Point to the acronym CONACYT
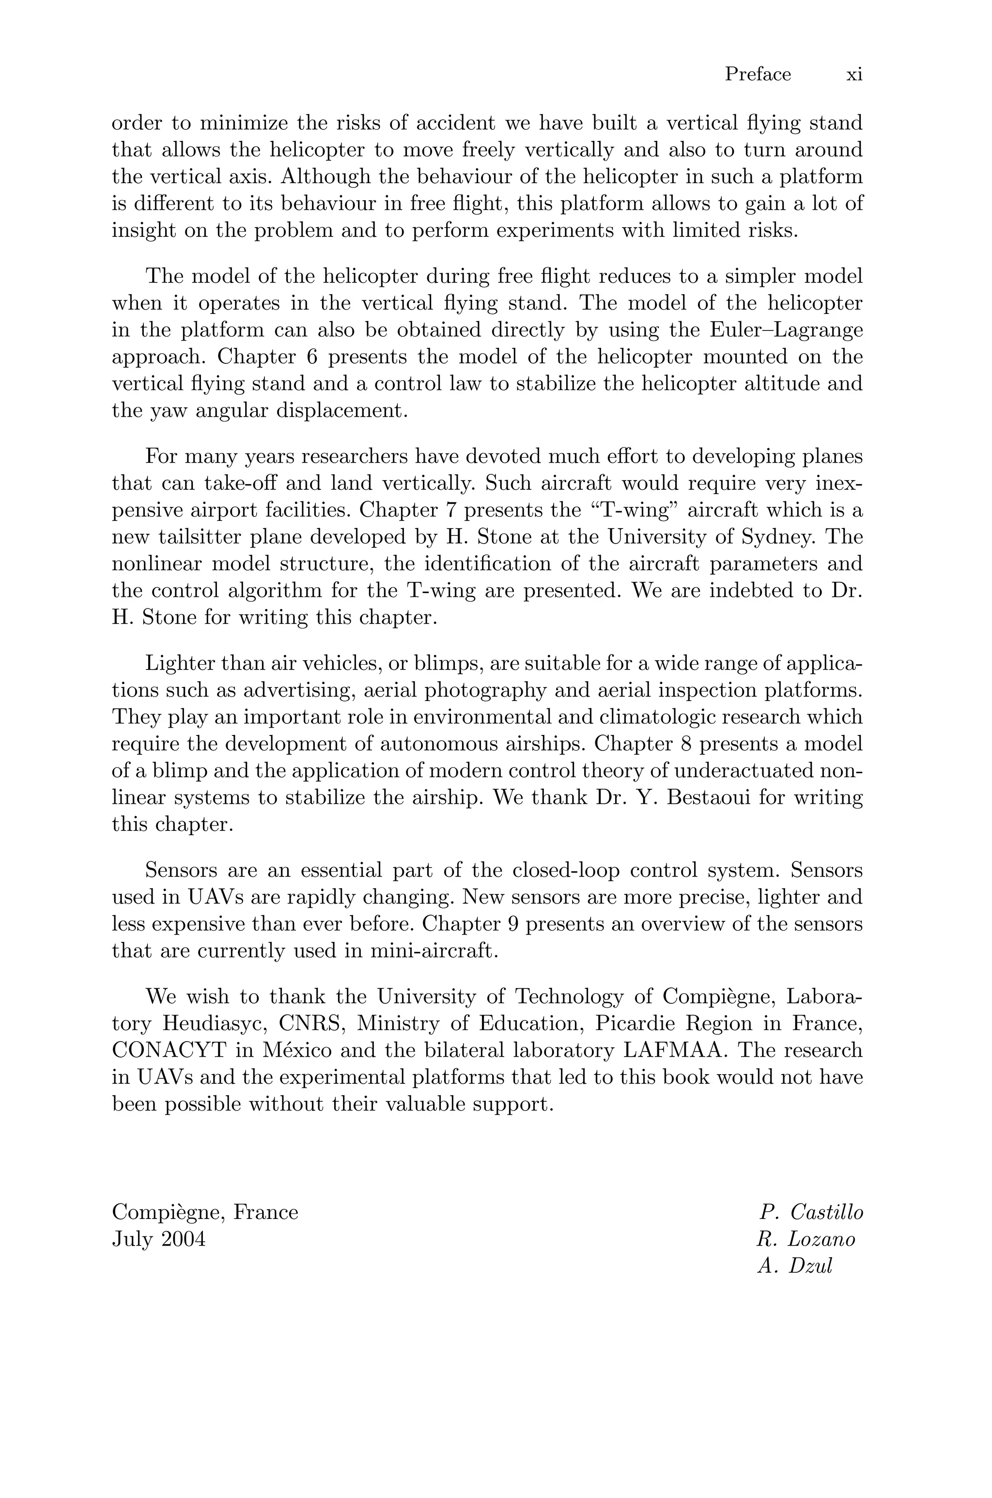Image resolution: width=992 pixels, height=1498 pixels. coord(169,1050)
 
